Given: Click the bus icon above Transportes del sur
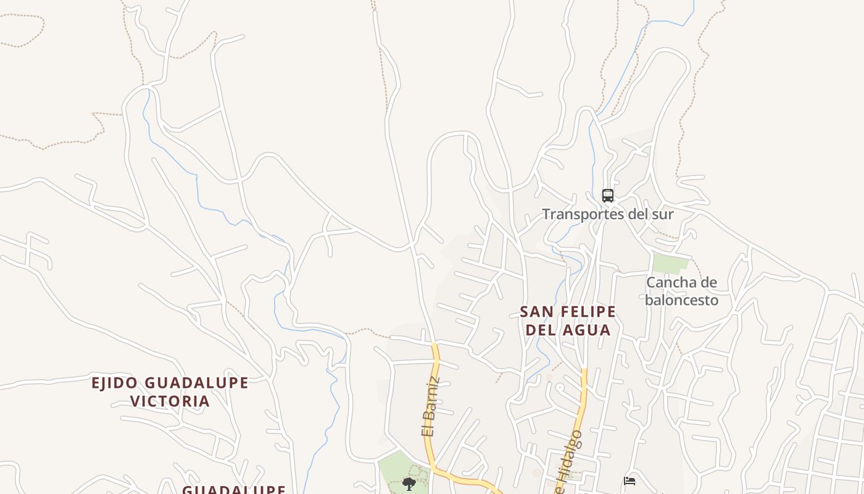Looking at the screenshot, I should pyautogui.click(x=608, y=196).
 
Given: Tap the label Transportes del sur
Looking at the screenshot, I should pyautogui.click(x=607, y=214).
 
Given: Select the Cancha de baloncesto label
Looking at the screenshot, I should pyautogui.click(x=681, y=291).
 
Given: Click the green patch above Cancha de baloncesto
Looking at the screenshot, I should pyautogui.click(x=670, y=264).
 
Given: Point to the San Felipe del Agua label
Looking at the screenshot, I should pyautogui.click(x=568, y=320).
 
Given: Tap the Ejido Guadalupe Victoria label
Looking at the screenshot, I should pyautogui.click(x=170, y=392).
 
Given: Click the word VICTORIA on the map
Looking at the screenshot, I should pyautogui.click(x=170, y=401).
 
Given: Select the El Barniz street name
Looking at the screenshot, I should pyautogui.click(x=431, y=406).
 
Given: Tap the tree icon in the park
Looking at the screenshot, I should pyautogui.click(x=409, y=484).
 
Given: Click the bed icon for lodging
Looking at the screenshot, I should pyautogui.click(x=629, y=480).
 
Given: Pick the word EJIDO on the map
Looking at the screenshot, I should pyautogui.click(x=115, y=383).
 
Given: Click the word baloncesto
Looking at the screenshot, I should pyautogui.click(x=681, y=300).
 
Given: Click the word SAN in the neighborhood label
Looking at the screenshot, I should pyautogui.click(x=533, y=311).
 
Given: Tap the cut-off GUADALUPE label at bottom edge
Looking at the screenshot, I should pyautogui.click(x=234, y=490).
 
